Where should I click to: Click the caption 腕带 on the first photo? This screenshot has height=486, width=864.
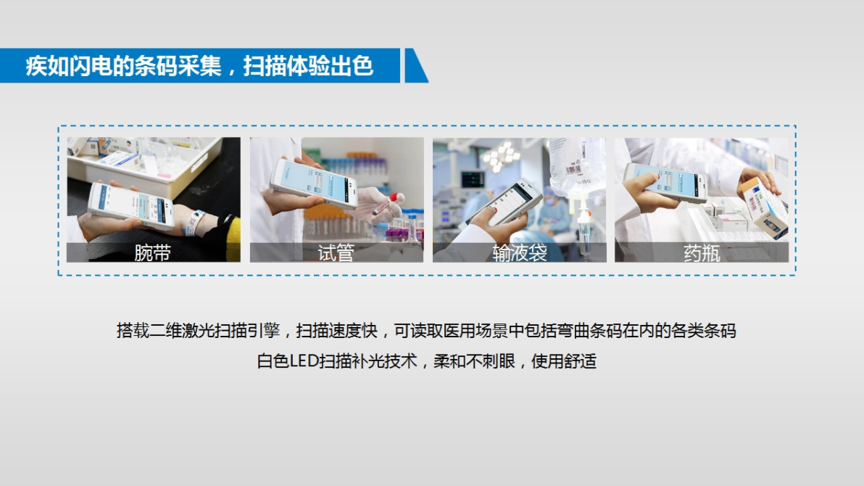coord(153,252)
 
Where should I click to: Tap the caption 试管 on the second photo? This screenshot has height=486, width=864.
coord(336,252)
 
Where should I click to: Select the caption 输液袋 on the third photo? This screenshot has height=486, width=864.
coord(520,252)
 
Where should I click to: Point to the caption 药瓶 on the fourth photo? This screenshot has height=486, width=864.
coord(702,252)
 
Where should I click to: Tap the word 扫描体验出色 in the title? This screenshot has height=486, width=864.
coord(309,66)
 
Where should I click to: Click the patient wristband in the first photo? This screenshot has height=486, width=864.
coord(194,222)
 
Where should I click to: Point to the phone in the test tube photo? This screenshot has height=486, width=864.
coord(313,183)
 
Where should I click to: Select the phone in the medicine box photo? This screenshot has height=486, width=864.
coord(665,183)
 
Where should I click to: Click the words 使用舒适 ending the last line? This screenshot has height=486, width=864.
coord(564,361)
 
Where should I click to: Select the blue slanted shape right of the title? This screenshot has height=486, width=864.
coord(415,65)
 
